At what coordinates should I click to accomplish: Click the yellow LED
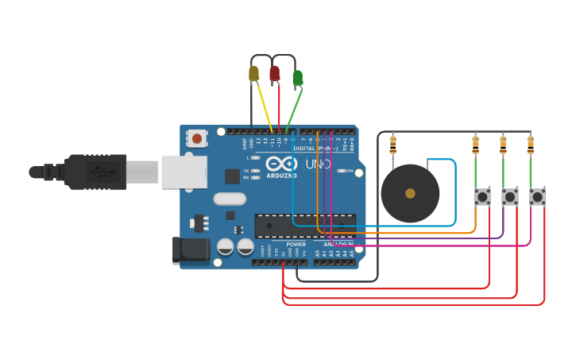coord(253,74)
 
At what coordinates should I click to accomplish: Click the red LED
coord(275,74)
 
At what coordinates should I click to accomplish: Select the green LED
coord(297,78)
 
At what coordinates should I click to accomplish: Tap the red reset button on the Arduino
coord(196,138)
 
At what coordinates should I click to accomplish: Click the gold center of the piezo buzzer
coord(410,193)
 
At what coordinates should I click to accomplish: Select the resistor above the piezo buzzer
coord(392,145)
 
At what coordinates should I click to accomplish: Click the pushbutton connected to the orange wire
coord(482,196)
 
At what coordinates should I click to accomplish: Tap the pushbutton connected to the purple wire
coord(509,196)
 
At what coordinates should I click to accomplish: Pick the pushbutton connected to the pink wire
coord(538,196)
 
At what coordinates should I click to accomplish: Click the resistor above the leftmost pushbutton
coord(476,145)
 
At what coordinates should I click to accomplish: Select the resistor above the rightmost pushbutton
coord(531,145)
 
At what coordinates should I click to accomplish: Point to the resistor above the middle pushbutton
coord(503,145)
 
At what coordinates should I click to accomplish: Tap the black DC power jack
coord(191,251)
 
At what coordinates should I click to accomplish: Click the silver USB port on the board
coord(184,172)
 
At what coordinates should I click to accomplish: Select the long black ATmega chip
coord(305,226)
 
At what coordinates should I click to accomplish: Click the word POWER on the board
coord(296,245)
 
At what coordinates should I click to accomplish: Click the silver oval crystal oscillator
coord(230,199)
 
